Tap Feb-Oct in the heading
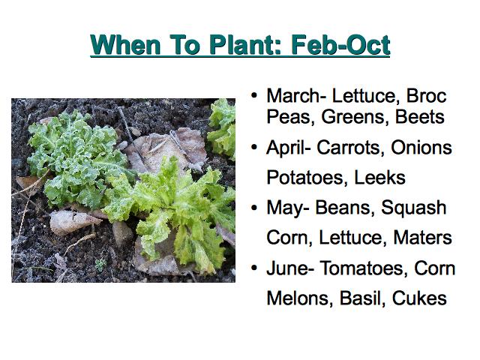click(340, 45)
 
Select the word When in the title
click(125, 45)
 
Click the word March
click(294, 96)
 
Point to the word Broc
click(426, 96)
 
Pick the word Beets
click(419, 117)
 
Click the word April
click(286, 148)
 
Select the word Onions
click(421, 148)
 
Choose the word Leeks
click(379, 177)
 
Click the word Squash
click(413, 208)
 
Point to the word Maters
click(422, 237)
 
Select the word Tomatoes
click(364, 268)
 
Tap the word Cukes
click(419, 298)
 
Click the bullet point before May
click(254, 208)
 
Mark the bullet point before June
click(254, 268)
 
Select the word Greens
click(352, 117)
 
